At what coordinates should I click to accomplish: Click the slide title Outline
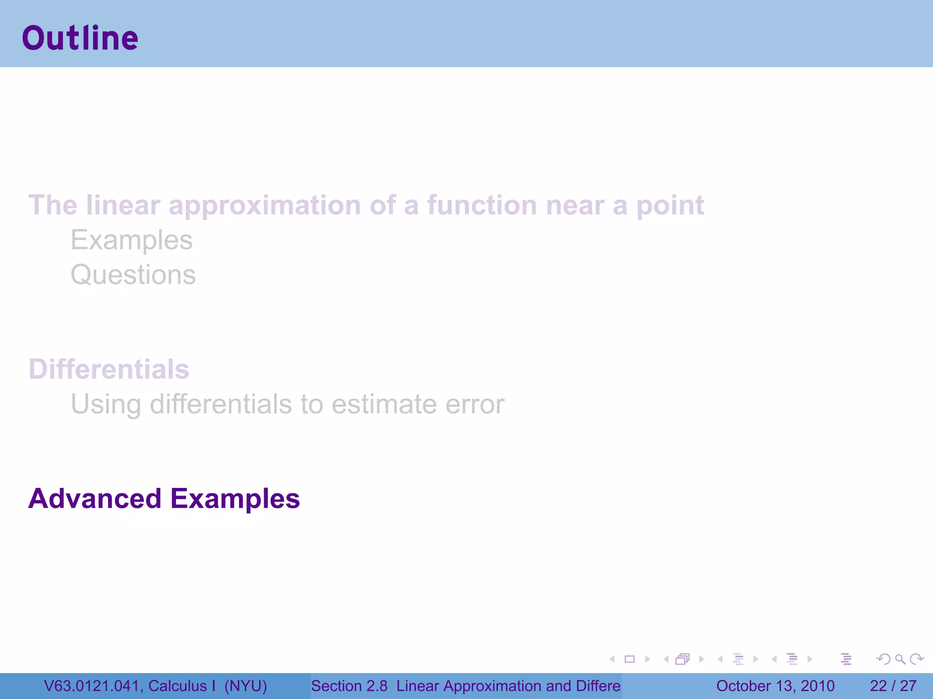click(80, 38)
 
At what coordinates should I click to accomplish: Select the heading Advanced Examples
click(164, 498)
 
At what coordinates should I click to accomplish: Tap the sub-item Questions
click(133, 275)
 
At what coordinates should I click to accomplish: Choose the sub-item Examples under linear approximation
click(132, 240)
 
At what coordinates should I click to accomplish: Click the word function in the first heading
click(482, 205)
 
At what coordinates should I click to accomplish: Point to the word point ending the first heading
click(670, 206)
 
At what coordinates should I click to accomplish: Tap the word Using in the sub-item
click(106, 405)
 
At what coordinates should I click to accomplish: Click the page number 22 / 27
click(893, 686)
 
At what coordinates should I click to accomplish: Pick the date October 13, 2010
click(775, 686)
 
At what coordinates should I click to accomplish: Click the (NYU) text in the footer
click(246, 686)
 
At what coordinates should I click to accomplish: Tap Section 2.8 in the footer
click(349, 686)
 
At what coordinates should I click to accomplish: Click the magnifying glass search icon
click(900, 659)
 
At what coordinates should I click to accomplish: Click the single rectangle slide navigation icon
click(630, 659)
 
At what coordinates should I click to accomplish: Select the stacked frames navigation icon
click(682, 659)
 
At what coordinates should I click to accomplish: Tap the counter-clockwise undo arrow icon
click(883, 659)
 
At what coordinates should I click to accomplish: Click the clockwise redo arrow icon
click(917, 659)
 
